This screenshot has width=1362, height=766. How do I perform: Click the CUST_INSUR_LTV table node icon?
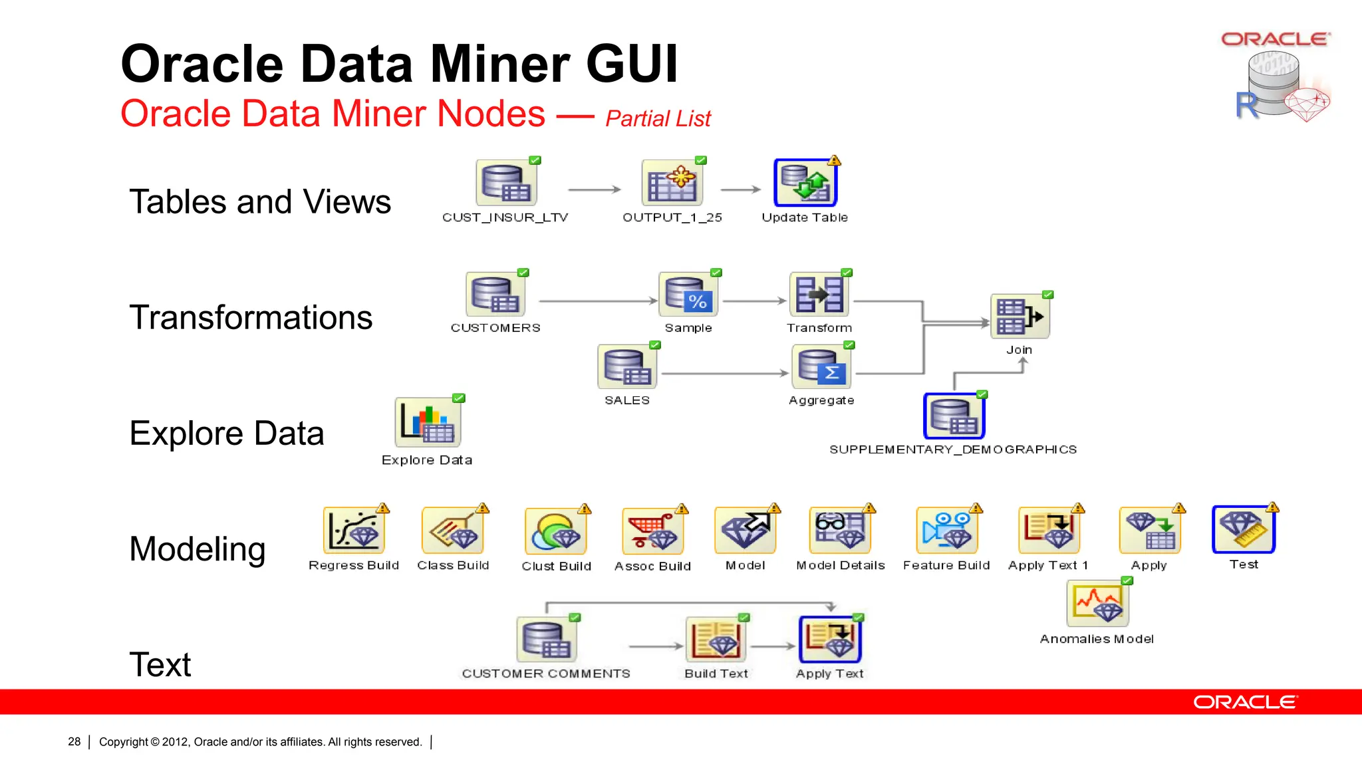pos(506,183)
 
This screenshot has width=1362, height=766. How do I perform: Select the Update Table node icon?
pos(805,183)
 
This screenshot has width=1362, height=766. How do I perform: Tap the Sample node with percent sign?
pos(688,295)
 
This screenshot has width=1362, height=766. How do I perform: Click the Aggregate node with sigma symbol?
pos(822,367)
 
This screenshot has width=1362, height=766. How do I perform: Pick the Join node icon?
pos(1020,317)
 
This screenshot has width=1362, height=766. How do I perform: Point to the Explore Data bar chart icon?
pos(428,423)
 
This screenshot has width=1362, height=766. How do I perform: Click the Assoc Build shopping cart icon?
pos(652,531)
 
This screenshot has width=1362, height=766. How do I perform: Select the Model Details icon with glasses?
pos(840,531)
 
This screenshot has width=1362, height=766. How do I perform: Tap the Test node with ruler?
pos(1244,529)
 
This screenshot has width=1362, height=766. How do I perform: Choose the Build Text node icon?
pos(716,640)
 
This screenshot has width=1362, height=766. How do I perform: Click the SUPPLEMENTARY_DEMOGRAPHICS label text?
pos(953,449)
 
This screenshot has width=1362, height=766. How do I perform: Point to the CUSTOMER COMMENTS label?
pos(546,674)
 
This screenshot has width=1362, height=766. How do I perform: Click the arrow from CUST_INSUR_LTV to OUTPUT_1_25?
pos(594,190)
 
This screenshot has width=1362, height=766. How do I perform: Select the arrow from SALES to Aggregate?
pos(725,374)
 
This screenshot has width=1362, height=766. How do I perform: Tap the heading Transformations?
pos(251,317)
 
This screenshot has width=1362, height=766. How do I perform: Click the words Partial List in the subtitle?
pos(658,119)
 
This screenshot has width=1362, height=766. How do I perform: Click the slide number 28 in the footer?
pos(74,741)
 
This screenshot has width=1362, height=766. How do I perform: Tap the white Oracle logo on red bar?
pos(1244,702)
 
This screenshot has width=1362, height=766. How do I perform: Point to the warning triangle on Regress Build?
pos(383,509)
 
